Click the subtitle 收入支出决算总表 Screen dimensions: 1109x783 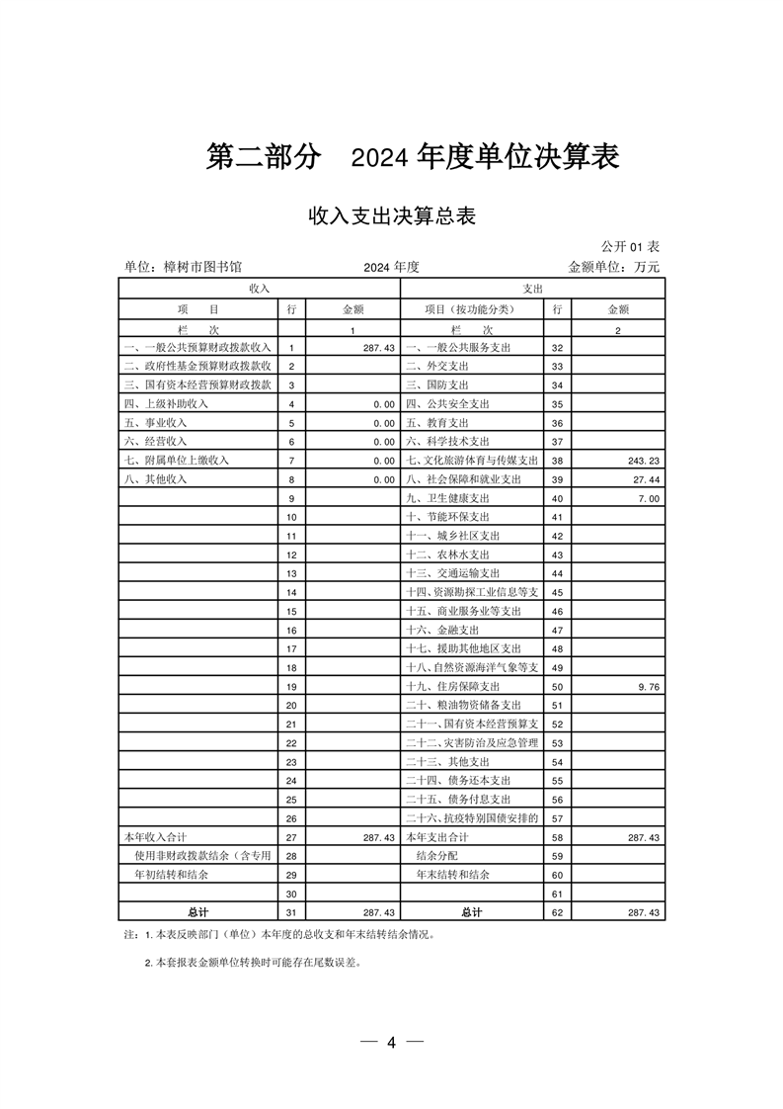point(392,215)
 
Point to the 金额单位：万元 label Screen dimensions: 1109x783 point(613,267)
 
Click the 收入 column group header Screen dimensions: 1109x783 point(259,288)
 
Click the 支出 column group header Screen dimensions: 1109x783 point(533,288)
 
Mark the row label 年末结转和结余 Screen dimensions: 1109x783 point(453,874)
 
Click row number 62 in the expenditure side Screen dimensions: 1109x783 point(557,911)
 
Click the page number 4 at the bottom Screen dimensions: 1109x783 point(391,1043)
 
